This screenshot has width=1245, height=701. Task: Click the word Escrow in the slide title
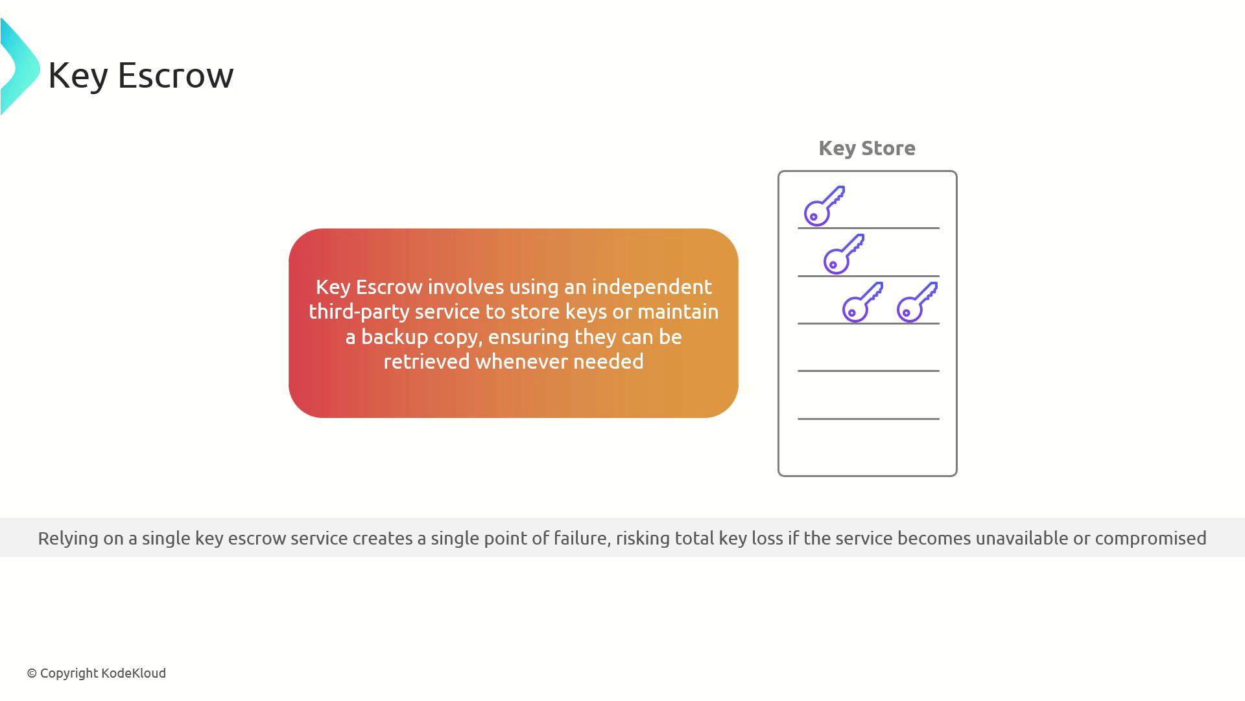point(175,75)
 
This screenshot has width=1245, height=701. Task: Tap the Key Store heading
point(867,149)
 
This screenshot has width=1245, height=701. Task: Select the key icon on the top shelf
point(824,206)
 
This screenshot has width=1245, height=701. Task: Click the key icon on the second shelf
point(844,254)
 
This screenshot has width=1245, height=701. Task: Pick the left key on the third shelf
point(862,302)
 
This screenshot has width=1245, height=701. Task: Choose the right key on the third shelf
point(917,302)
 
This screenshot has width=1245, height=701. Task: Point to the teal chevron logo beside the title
point(19,67)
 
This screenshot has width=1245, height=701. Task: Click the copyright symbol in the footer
point(32,674)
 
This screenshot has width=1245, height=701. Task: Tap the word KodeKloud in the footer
point(134,673)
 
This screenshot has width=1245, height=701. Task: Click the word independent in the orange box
point(652,287)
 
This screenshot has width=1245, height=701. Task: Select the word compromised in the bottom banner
point(1151,539)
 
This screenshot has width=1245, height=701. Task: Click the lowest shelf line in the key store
point(868,419)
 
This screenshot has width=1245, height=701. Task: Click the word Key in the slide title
point(78,75)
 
